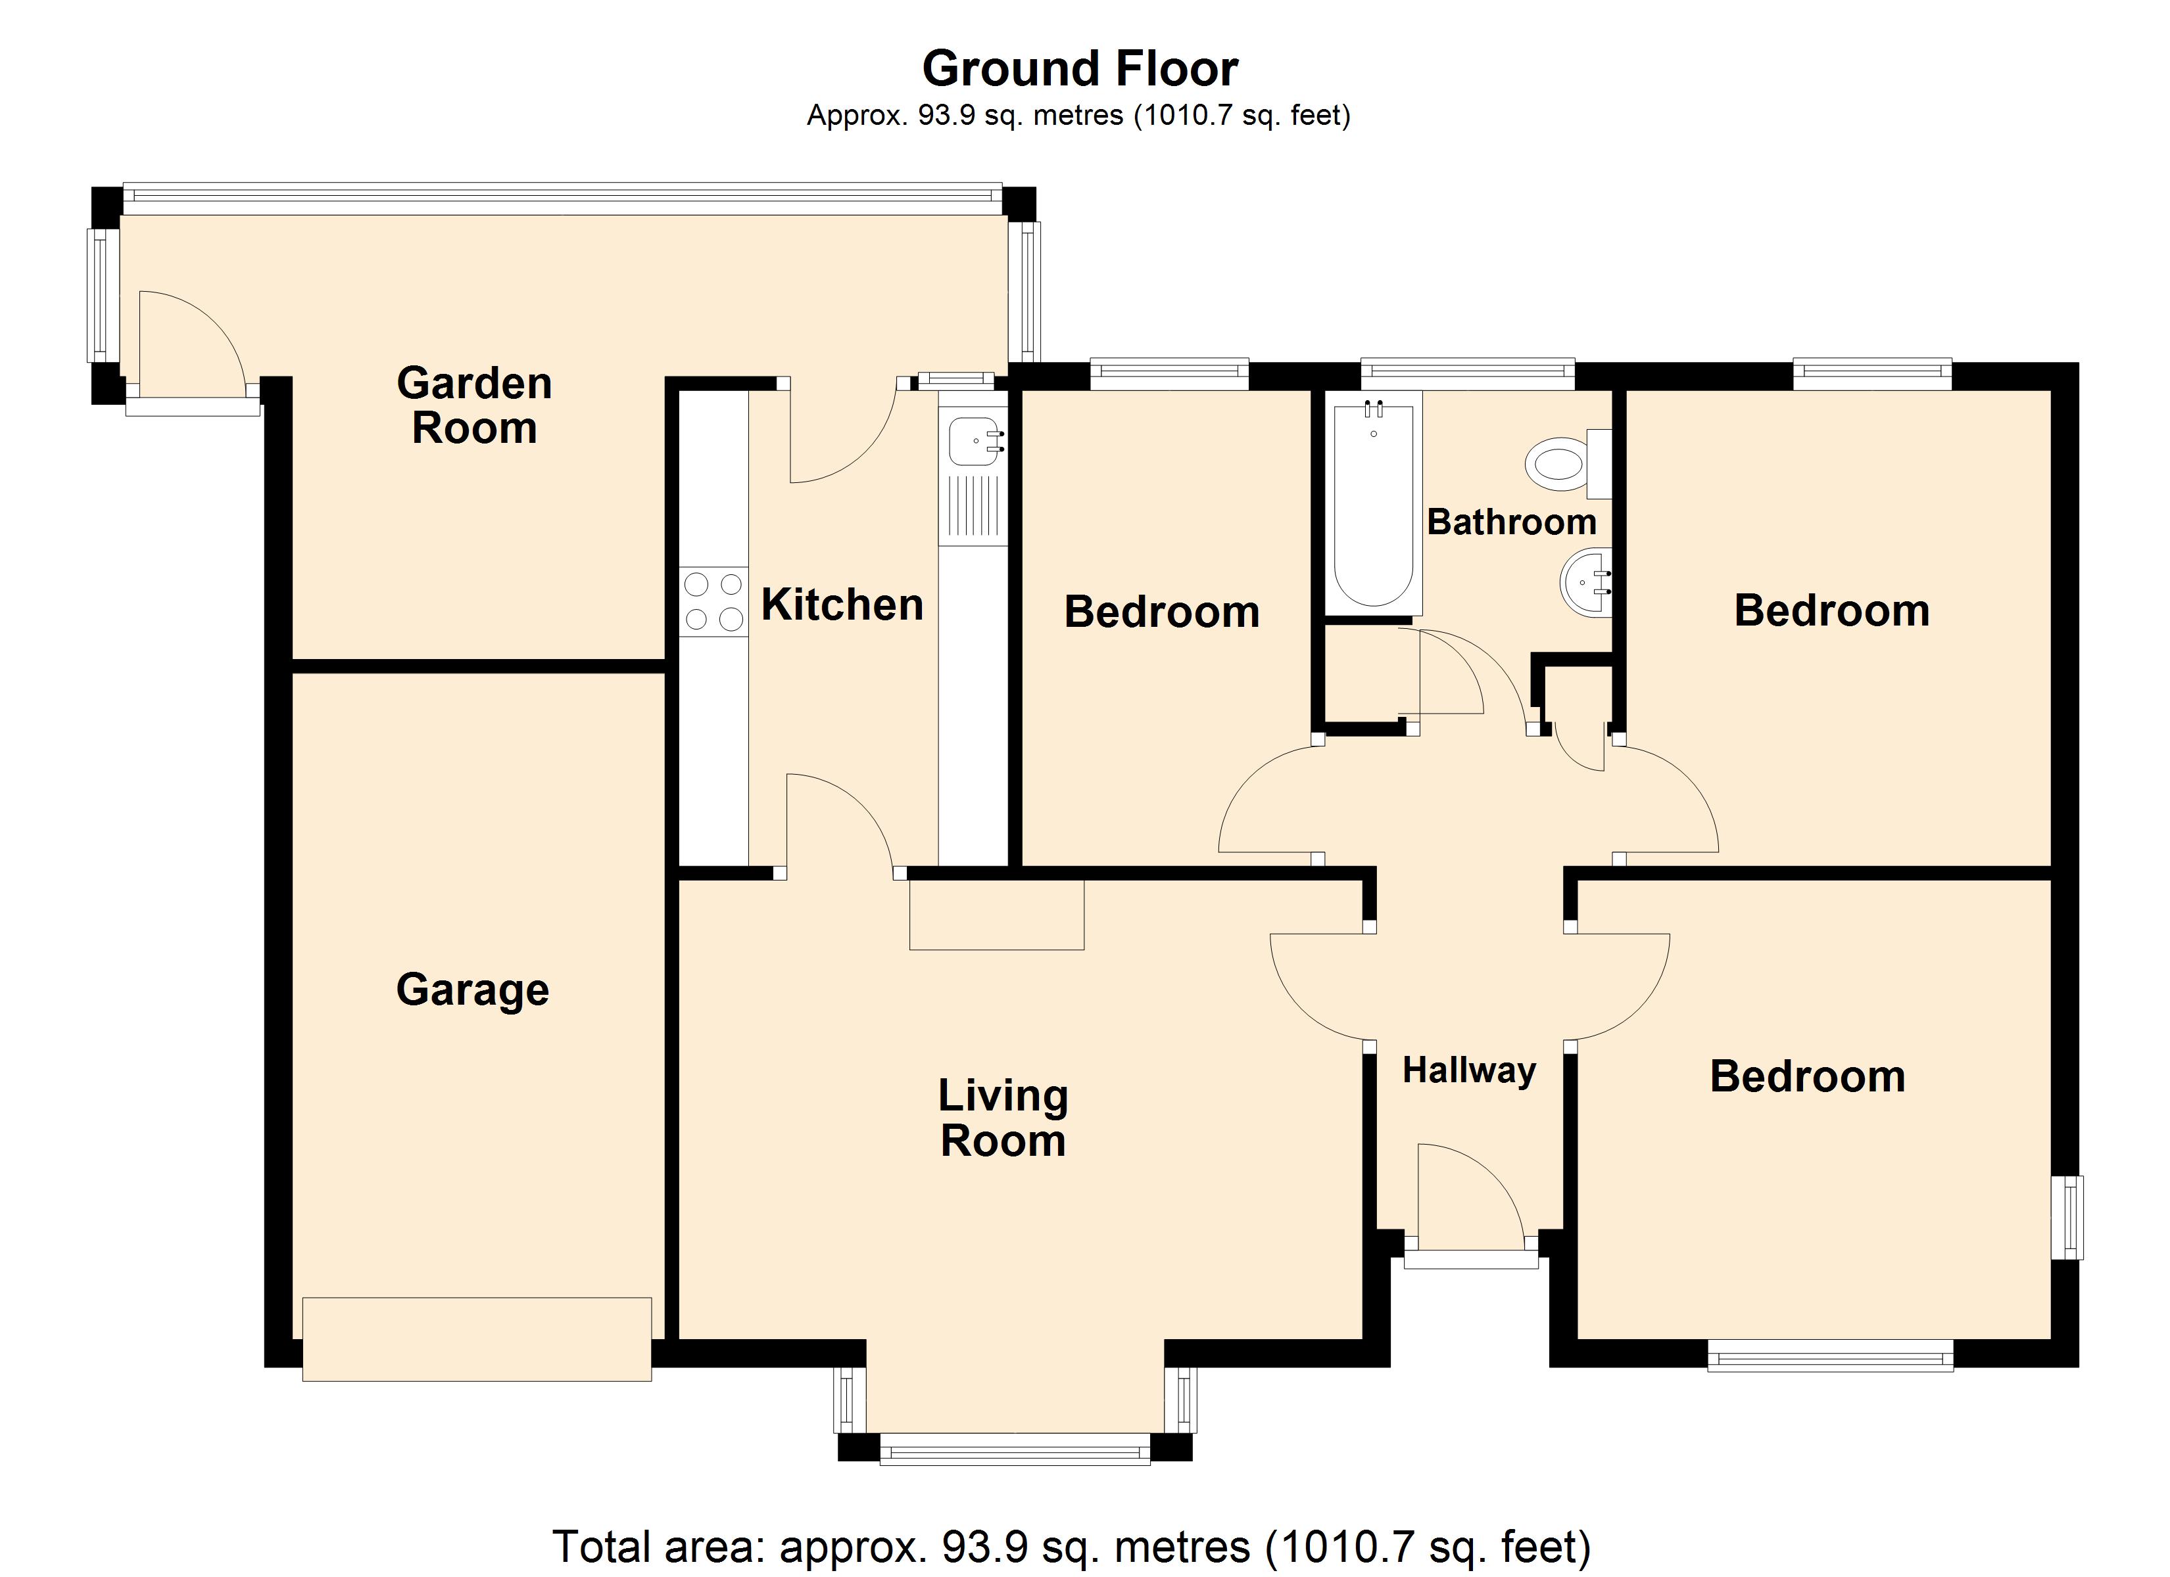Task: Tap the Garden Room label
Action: tap(475, 405)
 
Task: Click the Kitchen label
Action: tap(842, 605)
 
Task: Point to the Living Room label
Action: tap(1003, 1118)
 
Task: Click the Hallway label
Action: tap(1468, 1070)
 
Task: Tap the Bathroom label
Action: tap(1512, 522)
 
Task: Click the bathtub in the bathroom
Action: tap(1373, 505)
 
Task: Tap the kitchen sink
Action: tap(974, 443)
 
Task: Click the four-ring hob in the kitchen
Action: tap(713, 601)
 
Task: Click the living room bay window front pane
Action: tap(1014, 1450)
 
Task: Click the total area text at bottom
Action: tap(1072, 1546)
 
